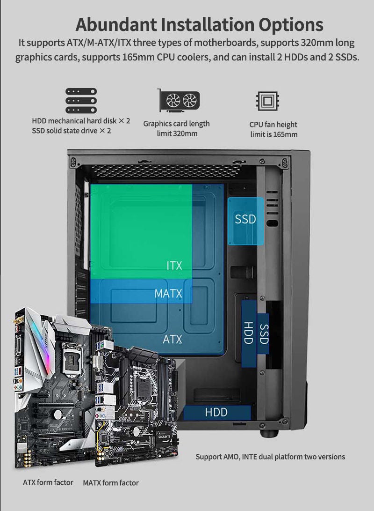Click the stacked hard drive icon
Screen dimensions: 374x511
(x=81, y=101)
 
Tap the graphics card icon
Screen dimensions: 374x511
(x=179, y=100)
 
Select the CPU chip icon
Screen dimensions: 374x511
(x=267, y=101)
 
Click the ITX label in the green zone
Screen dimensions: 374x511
(x=174, y=266)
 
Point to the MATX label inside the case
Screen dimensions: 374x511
(x=168, y=293)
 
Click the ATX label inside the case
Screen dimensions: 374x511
(x=172, y=339)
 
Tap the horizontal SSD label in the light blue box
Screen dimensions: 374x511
(x=245, y=219)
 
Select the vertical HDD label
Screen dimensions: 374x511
(x=248, y=333)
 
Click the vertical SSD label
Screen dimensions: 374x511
(x=264, y=334)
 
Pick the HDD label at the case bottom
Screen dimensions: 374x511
(x=216, y=413)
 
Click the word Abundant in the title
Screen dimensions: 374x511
(x=116, y=24)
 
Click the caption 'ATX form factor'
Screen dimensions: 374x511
(x=48, y=482)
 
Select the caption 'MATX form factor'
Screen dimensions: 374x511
(x=111, y=482)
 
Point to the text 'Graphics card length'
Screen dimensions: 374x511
(x=177, y=124)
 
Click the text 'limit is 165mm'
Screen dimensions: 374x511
(x=274, y=134)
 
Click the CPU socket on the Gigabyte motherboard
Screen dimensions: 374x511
(x=143, y=390)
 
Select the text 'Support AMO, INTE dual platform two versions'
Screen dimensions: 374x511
(x=270, y=457)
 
